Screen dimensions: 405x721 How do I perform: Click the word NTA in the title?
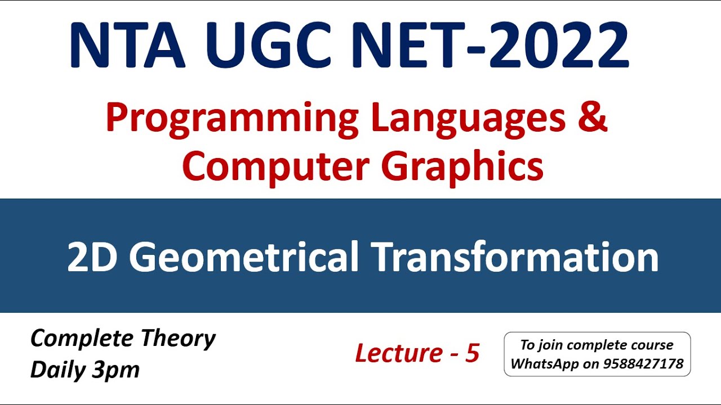(x=127, y=46)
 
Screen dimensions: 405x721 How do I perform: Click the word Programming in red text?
(x=232, y=119)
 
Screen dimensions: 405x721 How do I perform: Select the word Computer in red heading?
(x=275, y=166)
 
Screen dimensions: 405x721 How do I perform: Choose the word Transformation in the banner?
(x=517, y=256)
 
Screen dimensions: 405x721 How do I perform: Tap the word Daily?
(x=56, y=370)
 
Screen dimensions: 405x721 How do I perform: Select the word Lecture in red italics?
(x=399, y=353)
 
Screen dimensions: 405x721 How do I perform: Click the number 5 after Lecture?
(x=472, y=353)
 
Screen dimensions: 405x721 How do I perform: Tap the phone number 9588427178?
(x=643, y=364)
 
